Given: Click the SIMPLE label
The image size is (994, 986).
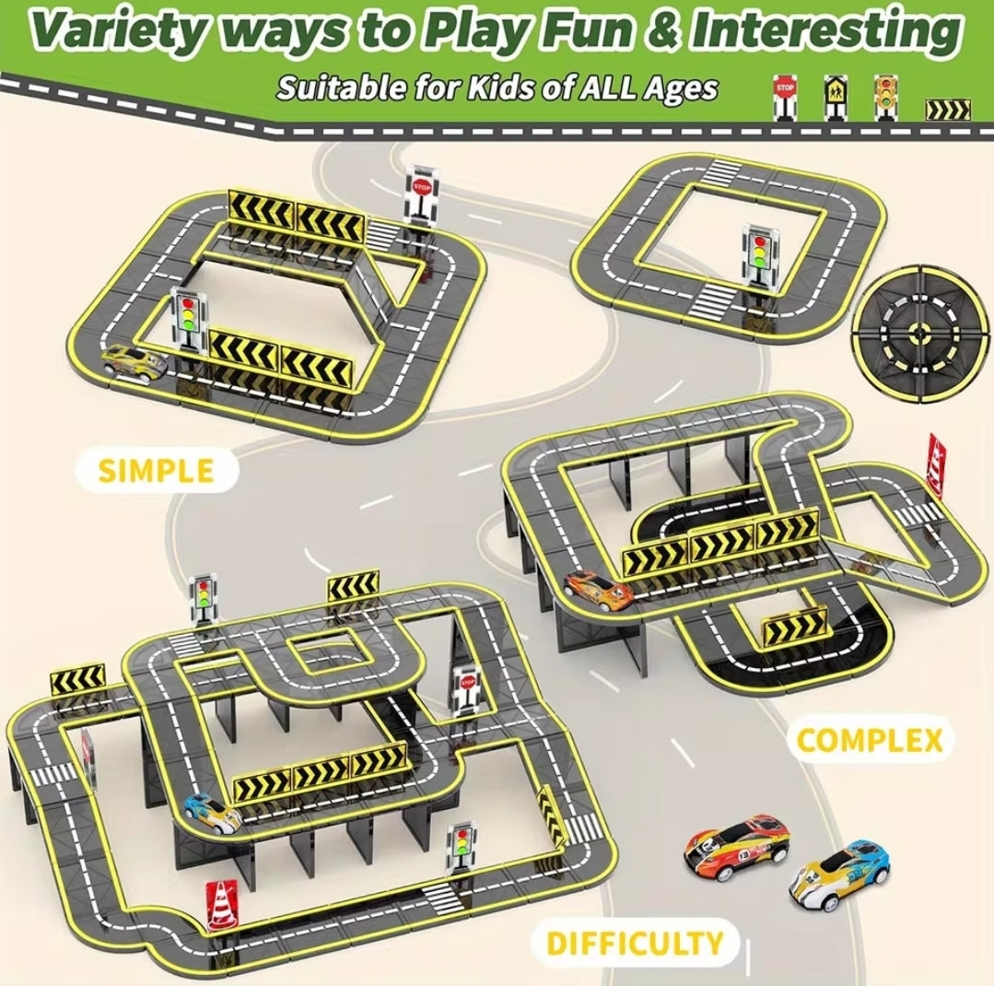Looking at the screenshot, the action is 156,470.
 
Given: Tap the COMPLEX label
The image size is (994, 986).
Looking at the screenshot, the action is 869,740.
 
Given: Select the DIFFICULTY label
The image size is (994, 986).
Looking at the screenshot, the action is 635,943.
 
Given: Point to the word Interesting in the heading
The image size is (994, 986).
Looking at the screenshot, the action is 824,29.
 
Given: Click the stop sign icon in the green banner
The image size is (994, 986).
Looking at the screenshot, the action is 784,98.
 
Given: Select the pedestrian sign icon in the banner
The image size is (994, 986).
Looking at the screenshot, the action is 835,99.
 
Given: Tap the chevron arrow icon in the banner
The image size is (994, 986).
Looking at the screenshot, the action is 948,110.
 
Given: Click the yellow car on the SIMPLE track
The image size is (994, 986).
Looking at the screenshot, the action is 134,363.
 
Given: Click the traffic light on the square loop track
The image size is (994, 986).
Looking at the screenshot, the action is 759,259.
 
